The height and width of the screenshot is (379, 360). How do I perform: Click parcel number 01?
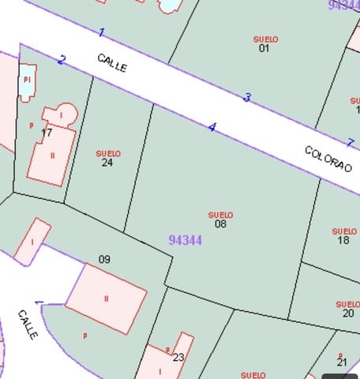pyautogui.click(x=264, y=48)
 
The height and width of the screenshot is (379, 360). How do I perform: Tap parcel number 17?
pyautogui.click(x=47, y=133)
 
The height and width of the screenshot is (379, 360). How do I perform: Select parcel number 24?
pyautogui.click(x=107, y=163)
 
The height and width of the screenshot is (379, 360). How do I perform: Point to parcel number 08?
pyautogui.click(x=220, y=224)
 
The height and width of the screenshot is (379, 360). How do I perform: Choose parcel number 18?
pyautogui.click(x=343, y=240)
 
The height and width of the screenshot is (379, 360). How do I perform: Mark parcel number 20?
pyautogui.click(x=348, y=313)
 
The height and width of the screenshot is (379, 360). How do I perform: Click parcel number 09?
pyautogui.click(x=104, y=259)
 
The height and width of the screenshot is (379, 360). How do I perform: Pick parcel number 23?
pyautogui.click(x=178, y=358)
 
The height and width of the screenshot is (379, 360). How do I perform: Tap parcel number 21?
pyautogui.click(x=342, y=362)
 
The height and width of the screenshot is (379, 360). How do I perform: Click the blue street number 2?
pyautogui.click(x=62, y=60)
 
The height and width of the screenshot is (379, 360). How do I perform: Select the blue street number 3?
pyautogui.click(x=247, y=98)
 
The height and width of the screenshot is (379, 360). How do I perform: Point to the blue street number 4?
pyautogui.click(x=212, y=127)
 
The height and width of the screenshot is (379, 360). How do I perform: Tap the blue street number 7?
pyautogui.click(x=351, y=143)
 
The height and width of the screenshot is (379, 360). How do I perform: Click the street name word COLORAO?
pyautogui.click(x=328, y=159)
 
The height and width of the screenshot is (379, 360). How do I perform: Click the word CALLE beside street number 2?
pyautogui.click(x=112, y=63)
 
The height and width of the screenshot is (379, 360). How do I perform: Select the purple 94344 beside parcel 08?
pyautogui.click(x=186, y=240)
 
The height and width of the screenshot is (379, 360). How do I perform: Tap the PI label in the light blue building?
pyautogui.click(x=27, y=80)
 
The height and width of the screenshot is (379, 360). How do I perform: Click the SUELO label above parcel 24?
pyautogui.click(x=108, y=153)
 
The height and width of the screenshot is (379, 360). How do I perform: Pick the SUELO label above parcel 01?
pyautogui.click(x=266, y=39)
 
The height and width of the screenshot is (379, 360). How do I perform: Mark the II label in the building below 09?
pyautogui.click(x=106, y=298)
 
